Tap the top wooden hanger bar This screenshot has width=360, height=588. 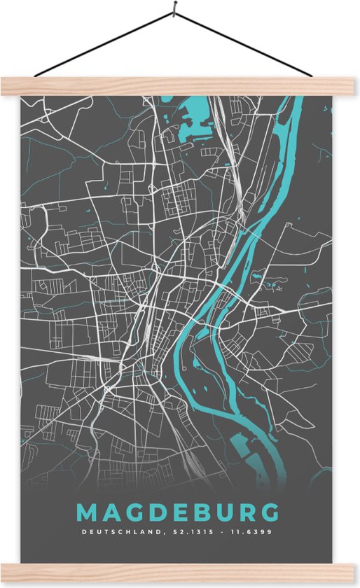click(180, 86)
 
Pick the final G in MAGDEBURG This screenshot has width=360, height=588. click(270, 512)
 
